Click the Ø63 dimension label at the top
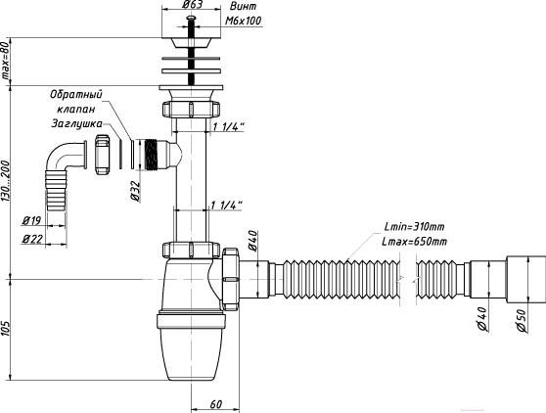pos(192,5)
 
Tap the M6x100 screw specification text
pos(243,21)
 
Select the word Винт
pos(243,6)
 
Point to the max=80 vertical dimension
pos(5,62)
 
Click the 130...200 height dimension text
pos(5,180)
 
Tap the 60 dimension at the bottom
pos(216,404)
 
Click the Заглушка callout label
pos(77,124)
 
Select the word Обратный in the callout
pos(76,95)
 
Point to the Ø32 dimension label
pos(135,192)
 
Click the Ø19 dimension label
pos(31,220)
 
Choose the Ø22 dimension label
pos(32,239)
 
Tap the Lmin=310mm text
pos(414,227)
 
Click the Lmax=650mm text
pos(414,242)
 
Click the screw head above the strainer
pos(191,18)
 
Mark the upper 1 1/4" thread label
pos(228,127)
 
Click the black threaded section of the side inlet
pos(151,155)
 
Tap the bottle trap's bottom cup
pos(191,353)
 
